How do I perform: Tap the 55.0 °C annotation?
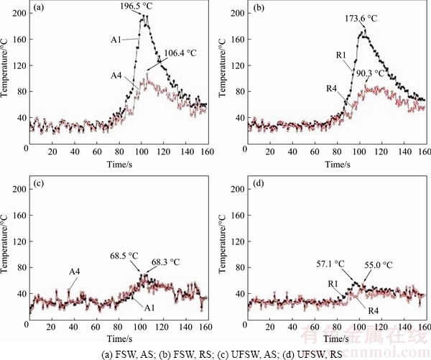click(x=377, y=264)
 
